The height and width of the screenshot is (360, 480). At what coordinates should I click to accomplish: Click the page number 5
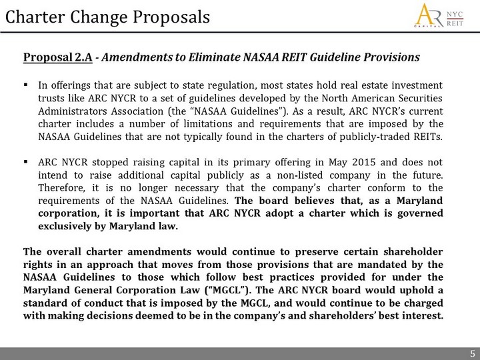click(x=471, y=353)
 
